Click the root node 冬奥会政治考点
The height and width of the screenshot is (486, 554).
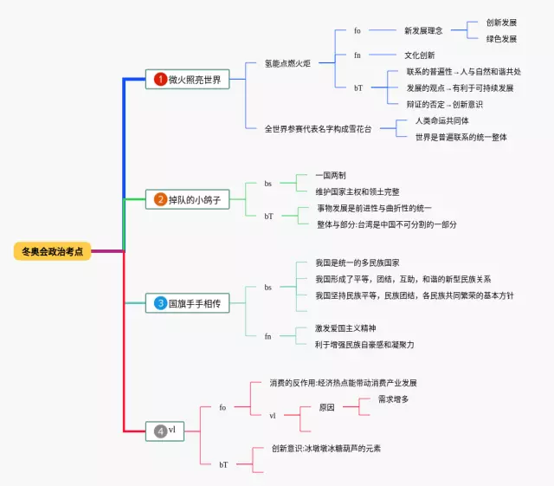(x=53, y=251)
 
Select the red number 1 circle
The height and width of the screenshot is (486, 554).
(x=160, y=80)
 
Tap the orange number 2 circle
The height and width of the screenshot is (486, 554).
(x=160, y=199)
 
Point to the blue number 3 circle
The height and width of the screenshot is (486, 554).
(x=160, y=303)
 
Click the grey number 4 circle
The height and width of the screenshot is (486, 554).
(x=160, y=431)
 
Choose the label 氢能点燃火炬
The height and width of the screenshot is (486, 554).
(x=288, y=63)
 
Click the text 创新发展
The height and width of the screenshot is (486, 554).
(x=501, y=23)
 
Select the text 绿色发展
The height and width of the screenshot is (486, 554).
(x=501, y=39)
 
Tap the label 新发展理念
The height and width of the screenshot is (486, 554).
(x=423, y=31)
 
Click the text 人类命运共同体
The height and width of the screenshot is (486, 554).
(x=442, y=120)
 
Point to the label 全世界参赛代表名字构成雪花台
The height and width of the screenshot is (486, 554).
(x=319, y=128)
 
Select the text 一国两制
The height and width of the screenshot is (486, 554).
(x=331, y=175)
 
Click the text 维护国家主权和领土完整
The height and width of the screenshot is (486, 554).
(x=358, y=191)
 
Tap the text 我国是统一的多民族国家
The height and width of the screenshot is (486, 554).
(x=358, y=262)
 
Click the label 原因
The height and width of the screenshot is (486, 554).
(x=326, y=407)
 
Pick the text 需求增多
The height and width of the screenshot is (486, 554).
(x=394, y=399)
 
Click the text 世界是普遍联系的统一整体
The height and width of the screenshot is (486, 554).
(x=461, y=137)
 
